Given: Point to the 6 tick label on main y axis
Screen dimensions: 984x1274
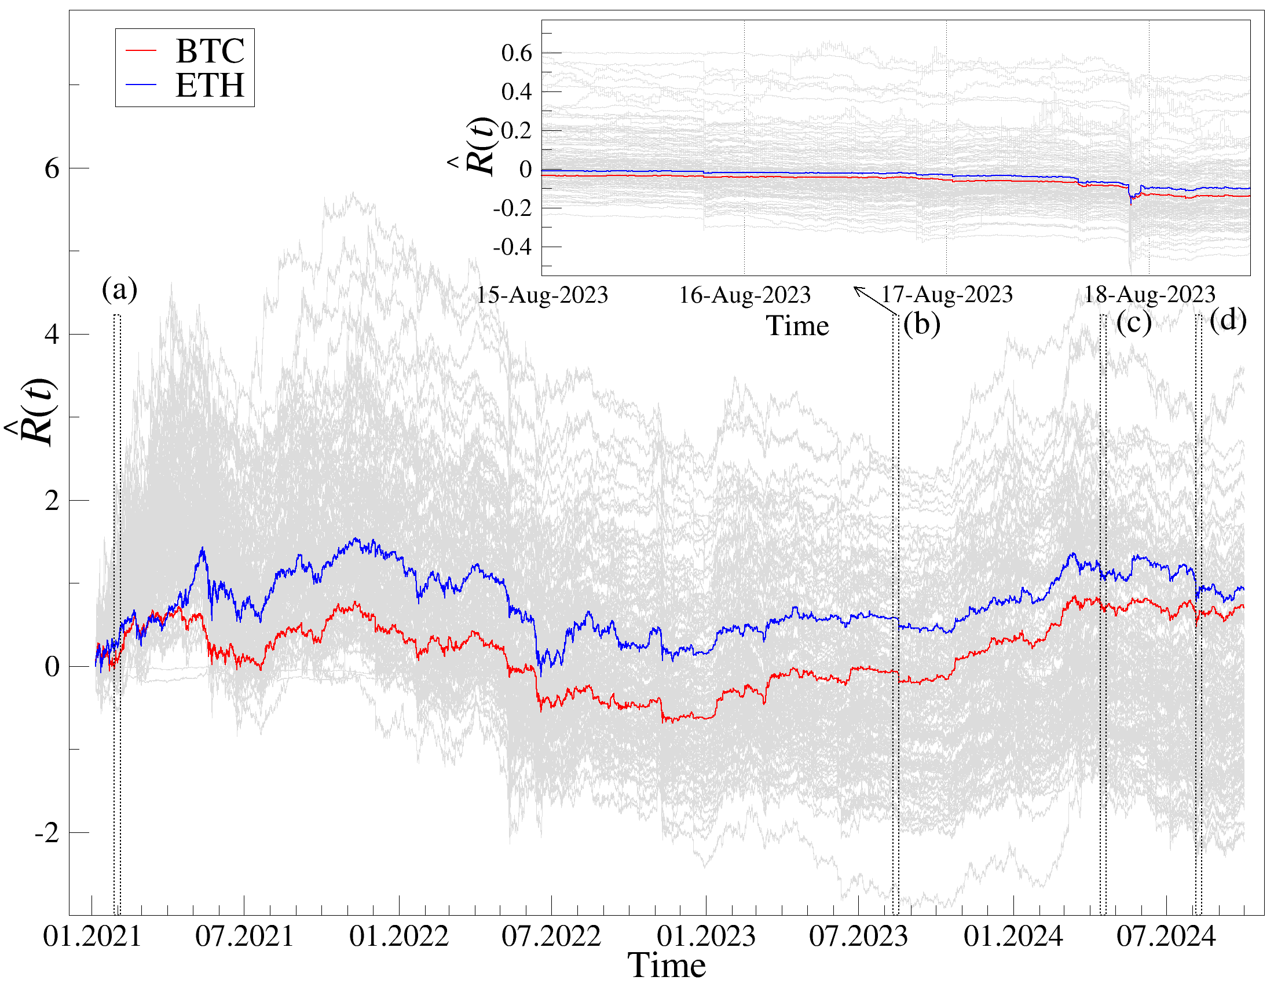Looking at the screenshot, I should click(52, 169).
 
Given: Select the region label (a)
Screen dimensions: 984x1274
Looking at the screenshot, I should click(120, 290).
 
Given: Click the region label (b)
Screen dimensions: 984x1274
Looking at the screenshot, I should click(922, 324).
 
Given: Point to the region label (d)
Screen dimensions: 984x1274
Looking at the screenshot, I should click(1228, 320).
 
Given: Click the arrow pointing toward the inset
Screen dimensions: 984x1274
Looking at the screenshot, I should click(875, 301).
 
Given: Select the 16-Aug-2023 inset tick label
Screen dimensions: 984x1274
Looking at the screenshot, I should click(744, 296).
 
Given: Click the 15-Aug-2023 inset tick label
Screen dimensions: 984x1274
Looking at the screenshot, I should click(543, 296).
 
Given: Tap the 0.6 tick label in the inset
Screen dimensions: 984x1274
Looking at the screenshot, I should click(517, 53).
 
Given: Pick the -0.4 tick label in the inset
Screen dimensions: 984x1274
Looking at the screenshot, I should click(512, 247).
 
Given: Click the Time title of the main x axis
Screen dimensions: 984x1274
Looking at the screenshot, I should click(666, 965).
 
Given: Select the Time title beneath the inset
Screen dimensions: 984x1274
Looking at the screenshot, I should click(797, 326).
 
